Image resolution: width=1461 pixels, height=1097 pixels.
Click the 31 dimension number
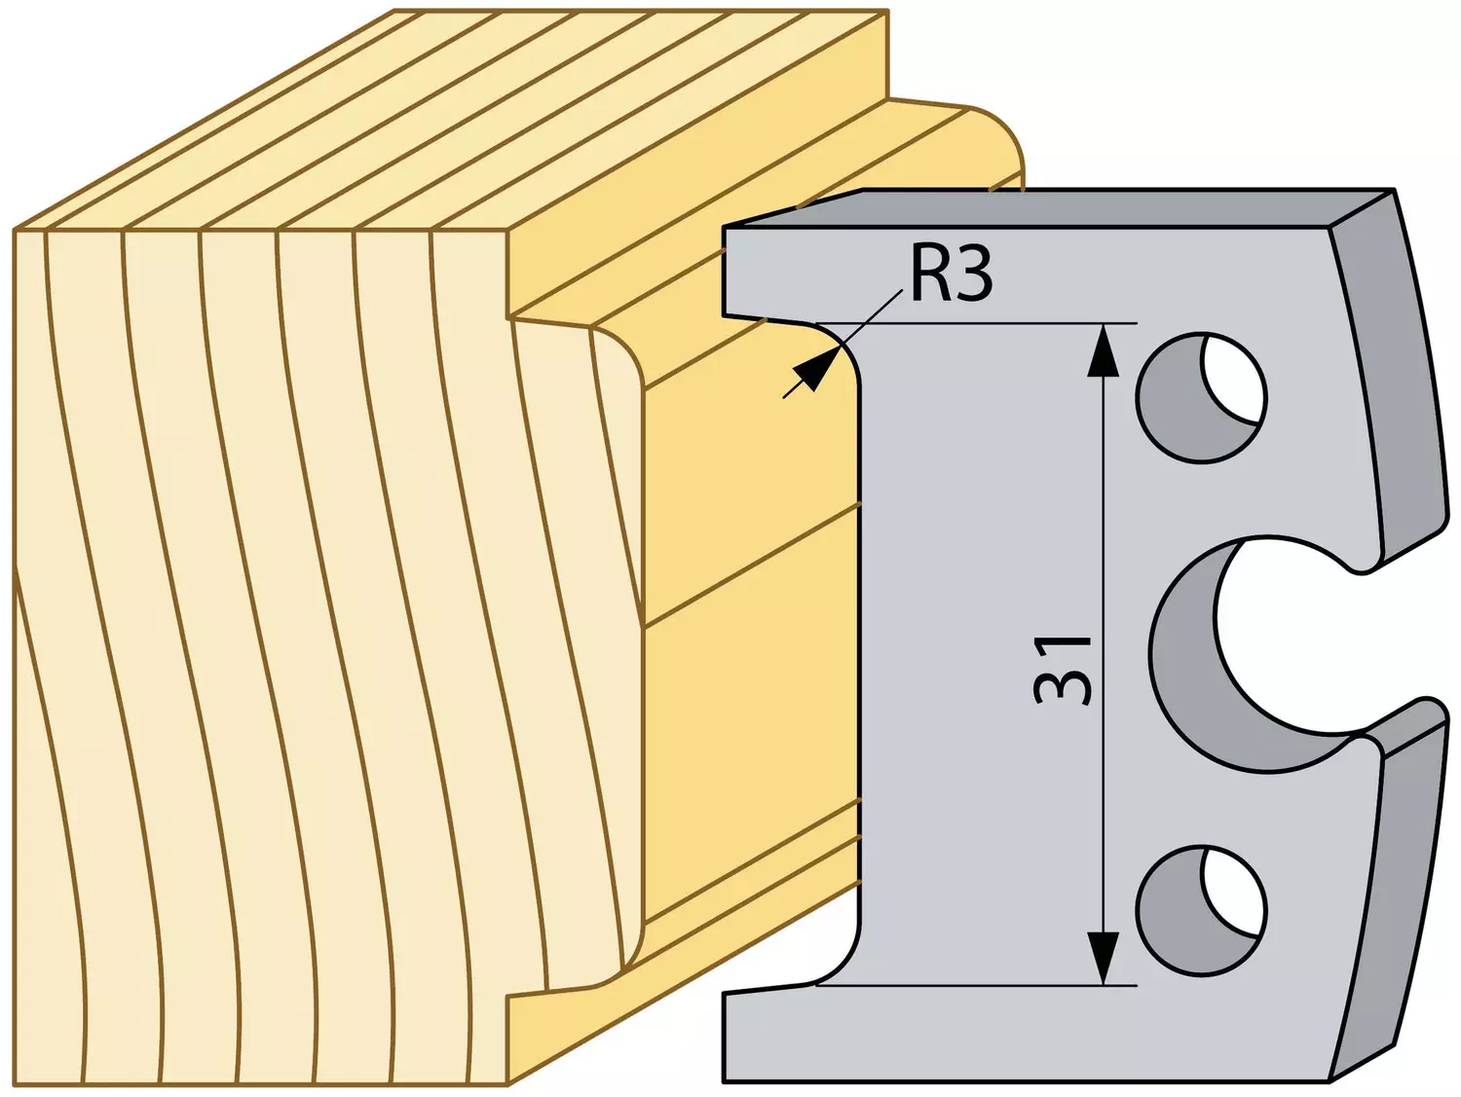[x=1063, y=670]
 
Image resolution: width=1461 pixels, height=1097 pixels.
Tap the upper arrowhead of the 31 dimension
[x=1103, y=351]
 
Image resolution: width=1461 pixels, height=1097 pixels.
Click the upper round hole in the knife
[x=1202, y=397]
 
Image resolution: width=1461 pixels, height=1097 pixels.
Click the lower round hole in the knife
[x=1202, y=909]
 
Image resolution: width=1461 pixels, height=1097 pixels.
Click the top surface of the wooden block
[x=453, y=120]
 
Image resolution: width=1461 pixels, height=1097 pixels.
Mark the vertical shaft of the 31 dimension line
[x=1103, y=654]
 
